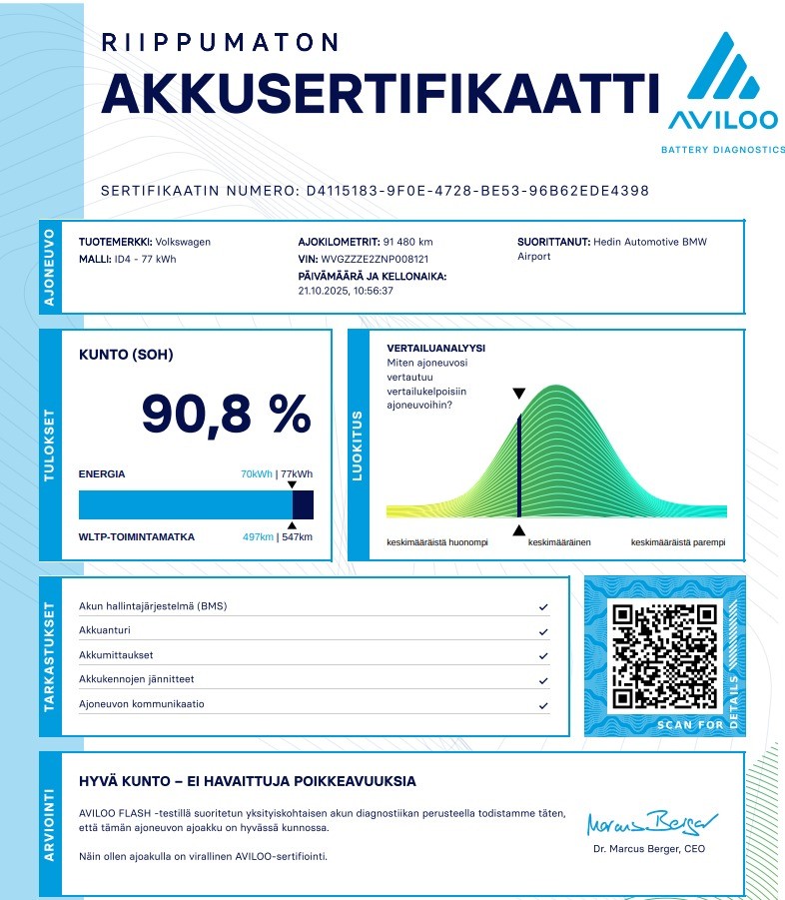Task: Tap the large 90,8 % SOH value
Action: pos(226,414)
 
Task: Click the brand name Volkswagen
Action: pos(183,242)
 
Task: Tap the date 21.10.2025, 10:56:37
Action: pos(346,292)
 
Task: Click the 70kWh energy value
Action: pos(257,474)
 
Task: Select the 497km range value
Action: pos(258,537)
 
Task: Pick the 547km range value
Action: pos(297,537)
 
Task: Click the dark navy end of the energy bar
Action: pos(304,504)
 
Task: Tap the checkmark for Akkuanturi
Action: pos(543,631)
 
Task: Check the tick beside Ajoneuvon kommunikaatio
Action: pos(543,704)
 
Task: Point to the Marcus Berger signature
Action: pos(652,823)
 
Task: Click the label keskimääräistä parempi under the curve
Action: pos(678,542)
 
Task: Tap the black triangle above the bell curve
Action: pos(518,394)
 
